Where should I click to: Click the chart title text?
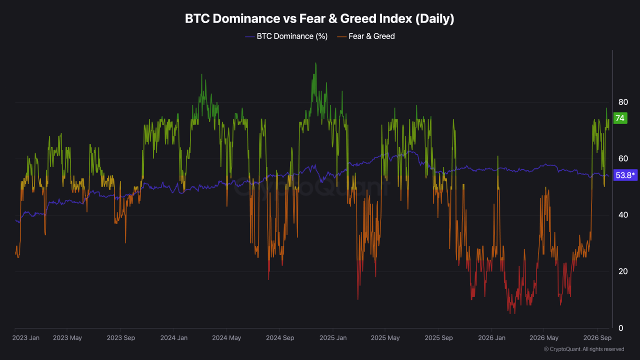(319, 19)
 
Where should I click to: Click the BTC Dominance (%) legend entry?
(286, 36)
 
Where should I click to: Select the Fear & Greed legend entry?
(366, 36)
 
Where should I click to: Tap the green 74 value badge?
(620, 118)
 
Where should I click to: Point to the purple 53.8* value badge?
(625, 175)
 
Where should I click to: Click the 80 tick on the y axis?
(623, 102)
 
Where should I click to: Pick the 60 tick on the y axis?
(623, 158)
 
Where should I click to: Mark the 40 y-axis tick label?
(623, 215)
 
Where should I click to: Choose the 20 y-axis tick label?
(623, 271)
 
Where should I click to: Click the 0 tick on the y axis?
(621, 328)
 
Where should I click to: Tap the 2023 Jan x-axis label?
(26, 337)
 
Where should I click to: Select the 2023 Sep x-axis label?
(121, 337)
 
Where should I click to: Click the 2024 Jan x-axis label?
(174, 337)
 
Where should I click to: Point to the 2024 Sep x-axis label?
(280, 337)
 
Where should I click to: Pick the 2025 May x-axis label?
(385, 337)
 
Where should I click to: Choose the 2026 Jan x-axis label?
(491, 337)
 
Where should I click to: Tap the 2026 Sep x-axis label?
(597, 337)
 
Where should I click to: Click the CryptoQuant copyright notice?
(584, 349)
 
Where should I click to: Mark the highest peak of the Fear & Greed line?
(315, 63)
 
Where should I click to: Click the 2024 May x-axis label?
(226, 337)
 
